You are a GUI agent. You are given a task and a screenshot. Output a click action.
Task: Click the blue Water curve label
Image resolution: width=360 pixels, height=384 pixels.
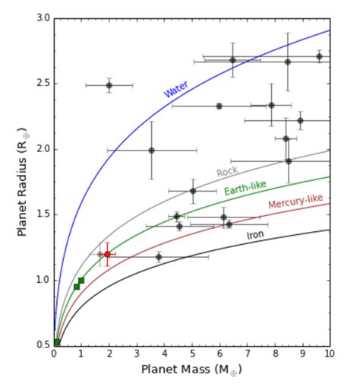[x=175, y=88]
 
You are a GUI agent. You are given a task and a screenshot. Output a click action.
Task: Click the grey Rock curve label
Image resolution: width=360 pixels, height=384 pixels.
[x=227, y=172]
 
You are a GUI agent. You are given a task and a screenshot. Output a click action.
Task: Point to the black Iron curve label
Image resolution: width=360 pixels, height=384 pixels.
[x=256, y=236]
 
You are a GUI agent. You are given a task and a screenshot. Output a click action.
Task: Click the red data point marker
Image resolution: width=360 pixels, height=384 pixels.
[x=107, y=254]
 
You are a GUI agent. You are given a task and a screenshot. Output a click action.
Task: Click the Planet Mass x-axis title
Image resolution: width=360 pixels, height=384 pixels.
[x=191, y=370]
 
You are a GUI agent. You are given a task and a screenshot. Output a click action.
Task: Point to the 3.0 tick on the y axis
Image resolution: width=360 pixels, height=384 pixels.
[x=43, y=17]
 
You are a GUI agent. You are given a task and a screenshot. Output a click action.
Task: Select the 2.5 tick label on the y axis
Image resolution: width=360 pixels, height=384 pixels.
[x=43, y=83]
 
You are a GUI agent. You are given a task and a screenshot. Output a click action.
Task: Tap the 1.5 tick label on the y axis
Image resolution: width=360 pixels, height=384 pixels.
[x=43, y=214]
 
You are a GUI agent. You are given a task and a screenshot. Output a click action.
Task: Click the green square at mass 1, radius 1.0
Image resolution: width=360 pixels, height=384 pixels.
[x=81, y=281]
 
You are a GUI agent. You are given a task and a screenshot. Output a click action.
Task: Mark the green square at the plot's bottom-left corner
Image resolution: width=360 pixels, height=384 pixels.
[x=57, y=342]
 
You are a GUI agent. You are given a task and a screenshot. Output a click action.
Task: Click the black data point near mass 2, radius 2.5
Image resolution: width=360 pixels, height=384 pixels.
[x=109, y=85]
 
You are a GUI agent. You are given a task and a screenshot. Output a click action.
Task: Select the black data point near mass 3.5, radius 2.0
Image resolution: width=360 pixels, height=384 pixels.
[x=151, y=150]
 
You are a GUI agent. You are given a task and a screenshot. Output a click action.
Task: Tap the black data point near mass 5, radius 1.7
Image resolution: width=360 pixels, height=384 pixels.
[x=192, y=191]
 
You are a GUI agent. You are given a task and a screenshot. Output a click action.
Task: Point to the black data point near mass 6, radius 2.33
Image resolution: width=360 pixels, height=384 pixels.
[x=219, y=106]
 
